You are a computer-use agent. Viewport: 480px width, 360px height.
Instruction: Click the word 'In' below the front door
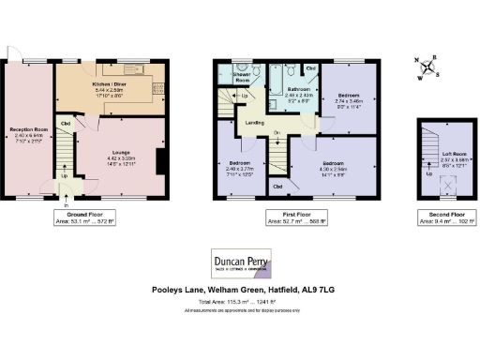click(x=67, y=205)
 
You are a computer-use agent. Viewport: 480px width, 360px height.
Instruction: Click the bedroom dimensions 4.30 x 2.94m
click(x=322, y=169)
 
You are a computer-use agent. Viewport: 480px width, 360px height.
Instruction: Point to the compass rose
click(x=428, y=67)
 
